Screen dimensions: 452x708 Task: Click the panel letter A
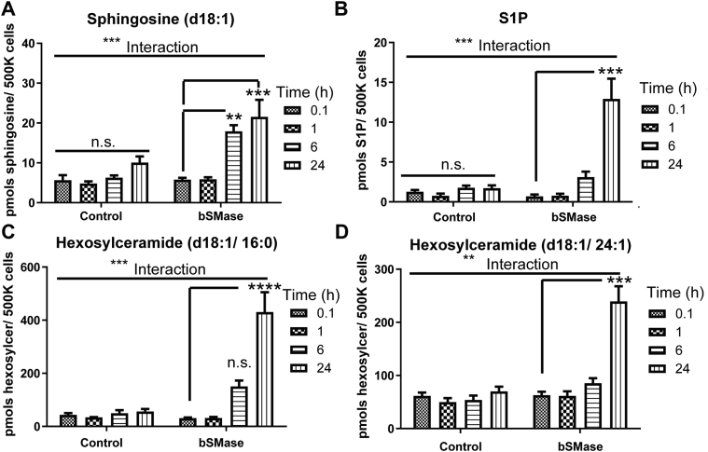pyautogui.click(x=9, y=11)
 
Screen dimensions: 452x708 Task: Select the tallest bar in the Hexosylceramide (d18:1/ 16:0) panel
pyautogui.click(x=264, y=369)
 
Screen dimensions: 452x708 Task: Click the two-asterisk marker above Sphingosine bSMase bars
pyautogui.click(x=225, y=119)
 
